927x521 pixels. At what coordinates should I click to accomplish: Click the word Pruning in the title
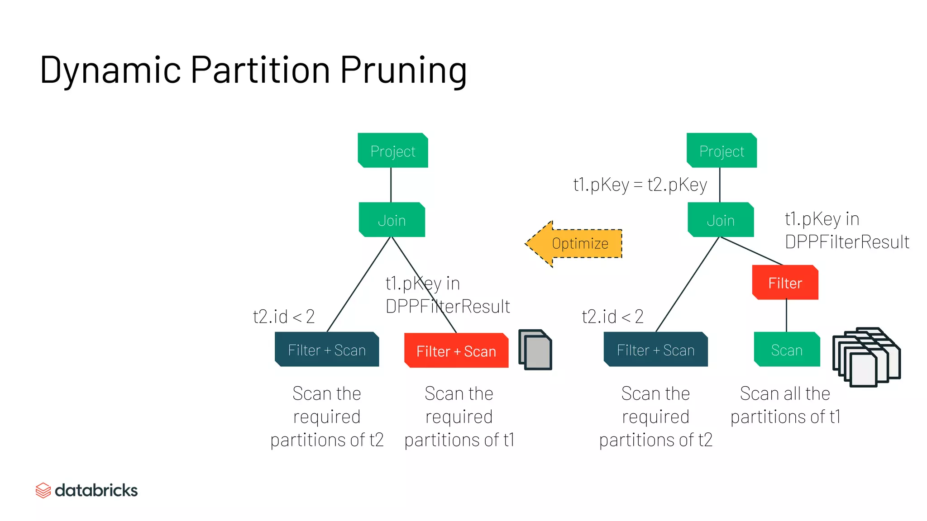[403, 70]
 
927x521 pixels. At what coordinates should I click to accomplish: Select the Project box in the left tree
[392, 151]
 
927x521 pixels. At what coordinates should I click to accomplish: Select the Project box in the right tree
[722, 151]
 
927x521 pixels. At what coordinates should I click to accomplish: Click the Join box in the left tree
[392, 220]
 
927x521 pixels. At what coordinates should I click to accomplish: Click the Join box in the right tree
[721, 220]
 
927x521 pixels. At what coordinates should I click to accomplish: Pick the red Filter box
[785, 283]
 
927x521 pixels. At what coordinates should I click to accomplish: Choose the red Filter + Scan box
[456, 350]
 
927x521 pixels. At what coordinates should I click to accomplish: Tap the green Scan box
[787, 350]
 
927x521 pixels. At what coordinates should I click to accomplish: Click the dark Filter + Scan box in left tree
[326, 350]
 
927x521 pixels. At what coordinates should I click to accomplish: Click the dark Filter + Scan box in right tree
[655, 350]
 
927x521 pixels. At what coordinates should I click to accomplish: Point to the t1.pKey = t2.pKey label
[640, 185]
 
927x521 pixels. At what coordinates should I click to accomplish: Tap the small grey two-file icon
[535, 350]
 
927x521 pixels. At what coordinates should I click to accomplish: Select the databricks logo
[86, 490]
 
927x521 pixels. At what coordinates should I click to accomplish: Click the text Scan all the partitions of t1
[785, 405]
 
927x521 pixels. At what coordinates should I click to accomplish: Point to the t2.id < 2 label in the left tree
[284, 316]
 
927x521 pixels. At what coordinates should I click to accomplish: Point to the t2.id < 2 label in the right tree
[612, 316]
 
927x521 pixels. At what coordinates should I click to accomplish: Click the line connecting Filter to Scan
[786, 316]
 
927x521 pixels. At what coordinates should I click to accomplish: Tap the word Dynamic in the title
[110, 70]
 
